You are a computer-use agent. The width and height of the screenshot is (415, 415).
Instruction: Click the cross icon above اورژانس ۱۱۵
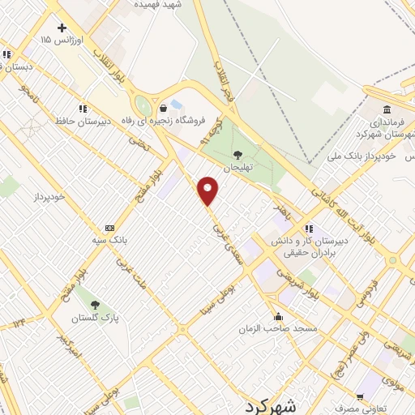point(62,28)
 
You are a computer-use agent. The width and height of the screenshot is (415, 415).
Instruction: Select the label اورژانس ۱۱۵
point(62,39)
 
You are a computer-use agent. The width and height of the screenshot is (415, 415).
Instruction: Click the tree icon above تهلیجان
point(237,153)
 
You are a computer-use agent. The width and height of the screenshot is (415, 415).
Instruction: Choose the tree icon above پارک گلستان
point(96,305)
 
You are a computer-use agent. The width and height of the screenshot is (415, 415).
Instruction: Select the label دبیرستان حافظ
point(77,121)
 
